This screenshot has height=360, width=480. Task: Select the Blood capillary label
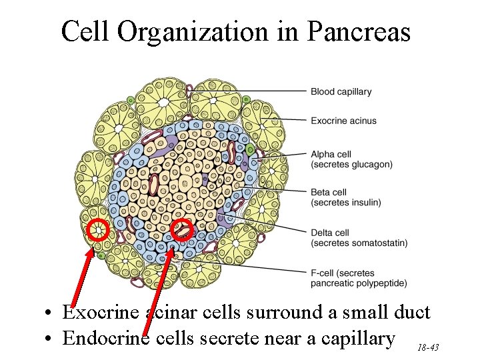point(341,91)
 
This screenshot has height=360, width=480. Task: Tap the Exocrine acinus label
point(343,121)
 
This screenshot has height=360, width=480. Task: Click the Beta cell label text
point(329,193)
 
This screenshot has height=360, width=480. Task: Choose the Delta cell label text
point(330,233)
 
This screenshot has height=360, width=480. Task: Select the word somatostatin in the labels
point(379,243)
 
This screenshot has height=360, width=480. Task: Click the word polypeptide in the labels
point(382,283)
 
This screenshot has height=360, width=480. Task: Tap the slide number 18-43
point(427,348)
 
